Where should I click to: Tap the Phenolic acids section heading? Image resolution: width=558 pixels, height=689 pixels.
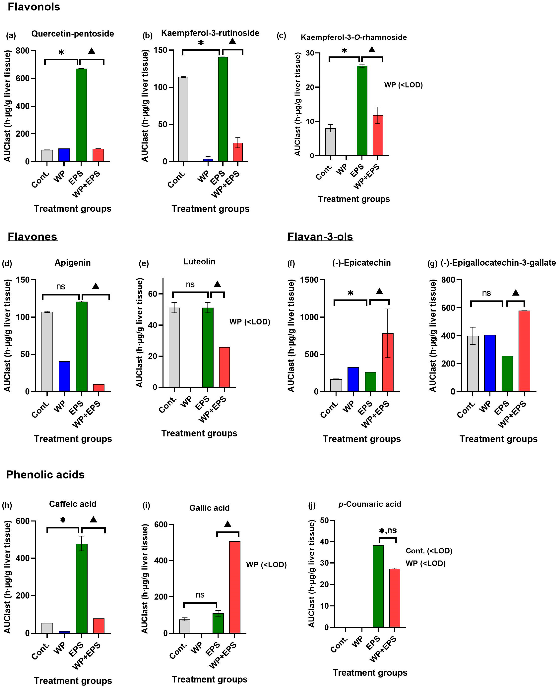(x=45, y=475)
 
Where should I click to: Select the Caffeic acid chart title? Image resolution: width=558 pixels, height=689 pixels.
(x=73, y=504)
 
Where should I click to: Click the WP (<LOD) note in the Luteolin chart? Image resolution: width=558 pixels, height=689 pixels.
(x=249, y=322)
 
